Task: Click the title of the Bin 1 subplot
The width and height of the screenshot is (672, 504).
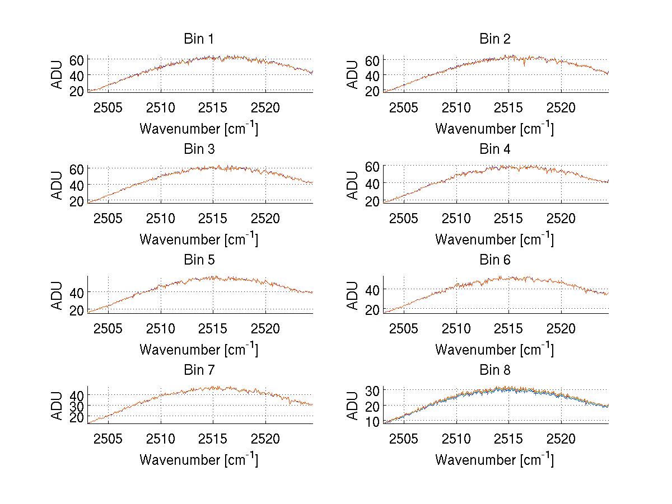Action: (199, 39)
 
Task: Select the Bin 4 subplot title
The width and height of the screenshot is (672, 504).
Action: (495, 149)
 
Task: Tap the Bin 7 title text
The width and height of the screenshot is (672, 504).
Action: (199, 370)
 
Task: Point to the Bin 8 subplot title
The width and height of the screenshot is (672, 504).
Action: (495, 370)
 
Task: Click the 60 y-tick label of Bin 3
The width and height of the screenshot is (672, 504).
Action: (77, 169)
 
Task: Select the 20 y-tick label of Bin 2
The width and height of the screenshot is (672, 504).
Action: (372, 90)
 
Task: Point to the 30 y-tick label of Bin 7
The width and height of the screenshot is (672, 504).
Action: (77, 406)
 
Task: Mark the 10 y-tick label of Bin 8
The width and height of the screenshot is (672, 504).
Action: (372, 421)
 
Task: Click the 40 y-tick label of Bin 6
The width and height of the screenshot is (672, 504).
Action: (372, 289)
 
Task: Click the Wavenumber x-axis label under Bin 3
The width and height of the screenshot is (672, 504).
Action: (199, 239)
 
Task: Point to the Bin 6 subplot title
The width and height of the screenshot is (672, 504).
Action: (495, 260)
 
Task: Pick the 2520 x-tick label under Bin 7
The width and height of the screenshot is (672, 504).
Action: (265, 439)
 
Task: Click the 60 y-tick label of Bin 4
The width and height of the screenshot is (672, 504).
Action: (372, 166)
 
